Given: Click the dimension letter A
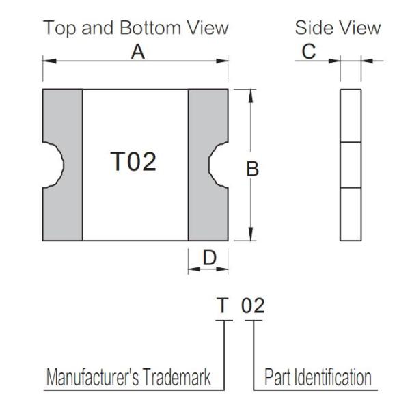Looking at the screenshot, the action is pyautogui.click(x=138, y=52).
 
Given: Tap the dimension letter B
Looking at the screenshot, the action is pyautogui.click(x=252, y=169).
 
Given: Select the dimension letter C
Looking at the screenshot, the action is pyautogui.click(x=309, y=51).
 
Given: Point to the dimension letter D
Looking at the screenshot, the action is pyautogui.click(x=210, y=258).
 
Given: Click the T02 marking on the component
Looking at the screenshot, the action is pyautogui.click(x=133, y=161).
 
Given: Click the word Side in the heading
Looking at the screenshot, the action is pyautogui.click(x=312, y=28).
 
